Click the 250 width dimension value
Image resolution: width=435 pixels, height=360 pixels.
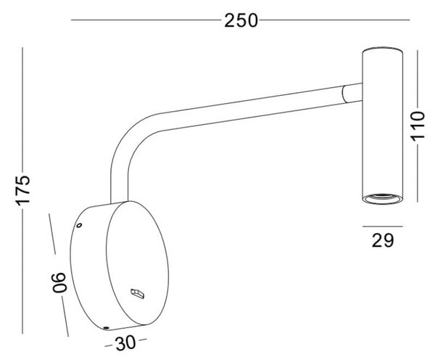coord(241,20)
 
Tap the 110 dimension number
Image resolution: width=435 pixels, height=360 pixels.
coord(418,126)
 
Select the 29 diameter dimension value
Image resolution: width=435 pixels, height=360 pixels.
coord(383,240)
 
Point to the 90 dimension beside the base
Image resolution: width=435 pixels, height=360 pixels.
coord(59,282)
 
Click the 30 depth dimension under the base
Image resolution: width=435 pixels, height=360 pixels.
coord(125,343)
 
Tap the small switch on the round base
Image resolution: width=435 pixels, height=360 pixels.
coord(138,294)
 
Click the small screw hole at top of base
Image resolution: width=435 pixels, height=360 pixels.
coord(79,225)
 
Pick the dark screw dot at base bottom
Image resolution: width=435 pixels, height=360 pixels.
coord(105,328)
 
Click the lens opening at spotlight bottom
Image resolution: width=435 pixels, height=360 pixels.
coord(383,197)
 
